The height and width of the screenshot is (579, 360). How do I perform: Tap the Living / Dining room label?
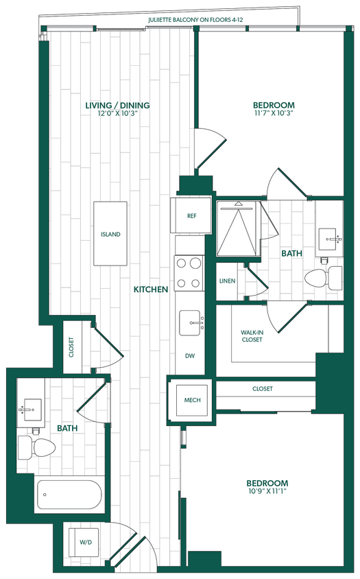point(117,106)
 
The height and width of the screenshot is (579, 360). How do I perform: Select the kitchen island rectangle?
point(111,234)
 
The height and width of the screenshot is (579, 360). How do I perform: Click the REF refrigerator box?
point(192,215)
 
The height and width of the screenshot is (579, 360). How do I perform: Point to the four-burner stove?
point(189,272)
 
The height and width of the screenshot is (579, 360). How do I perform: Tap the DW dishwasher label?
point(191,356)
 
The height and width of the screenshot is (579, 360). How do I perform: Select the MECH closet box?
point(192,400)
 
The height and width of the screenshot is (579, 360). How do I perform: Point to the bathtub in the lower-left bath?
point(71,494)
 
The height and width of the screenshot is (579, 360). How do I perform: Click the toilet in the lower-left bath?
point(37,449)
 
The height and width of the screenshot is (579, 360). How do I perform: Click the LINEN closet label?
point(228,281)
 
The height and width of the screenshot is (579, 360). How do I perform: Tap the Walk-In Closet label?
point(251,336)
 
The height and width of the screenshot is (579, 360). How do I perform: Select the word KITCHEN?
point(151,289)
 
